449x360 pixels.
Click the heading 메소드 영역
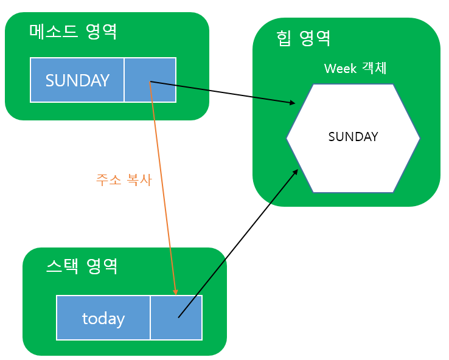point(73,32)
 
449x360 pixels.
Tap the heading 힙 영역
point(303,39)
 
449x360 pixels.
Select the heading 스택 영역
point(82,266)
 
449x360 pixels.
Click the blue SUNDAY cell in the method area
point(77,80)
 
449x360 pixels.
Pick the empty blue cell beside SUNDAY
point(150,80)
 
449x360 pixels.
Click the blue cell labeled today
point(103,318)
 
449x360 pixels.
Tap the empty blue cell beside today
point(176,318)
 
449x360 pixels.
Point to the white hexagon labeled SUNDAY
point(353,138)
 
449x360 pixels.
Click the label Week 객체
point(355,68)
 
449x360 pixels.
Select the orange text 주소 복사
point(124,180)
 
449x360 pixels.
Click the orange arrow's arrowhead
point(175,292)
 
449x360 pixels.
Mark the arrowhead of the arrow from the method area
point(293,103)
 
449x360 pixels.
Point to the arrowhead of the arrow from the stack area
point(296,171)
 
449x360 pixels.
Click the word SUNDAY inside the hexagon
point(353,137)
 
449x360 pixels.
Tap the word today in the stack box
point(103,319)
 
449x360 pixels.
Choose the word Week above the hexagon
point(341,68)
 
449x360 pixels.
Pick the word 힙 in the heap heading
point(284,39)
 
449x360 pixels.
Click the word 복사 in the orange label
point(139,180)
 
